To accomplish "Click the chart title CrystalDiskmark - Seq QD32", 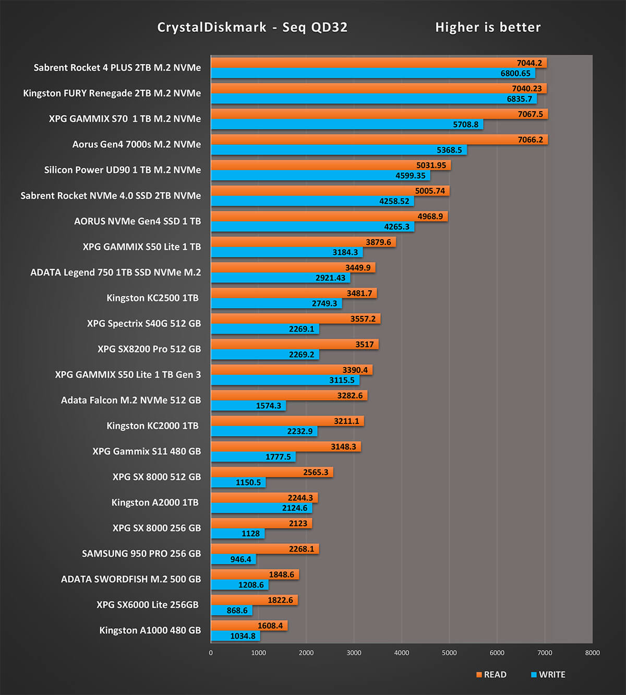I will [x=252, y=27].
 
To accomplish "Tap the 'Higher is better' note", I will [x=488, y=27].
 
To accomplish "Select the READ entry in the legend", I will [x=491, y=675].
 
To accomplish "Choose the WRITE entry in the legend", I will [x=548, y=675].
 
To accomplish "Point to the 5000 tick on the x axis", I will [x=449, y=653].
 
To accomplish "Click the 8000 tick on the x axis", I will [x=592, y=653].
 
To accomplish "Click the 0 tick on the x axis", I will [x=211, y=653].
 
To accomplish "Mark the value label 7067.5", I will [x=530, y=114].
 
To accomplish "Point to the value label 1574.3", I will [x=268, y=406].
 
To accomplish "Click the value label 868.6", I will [x=237, y=610].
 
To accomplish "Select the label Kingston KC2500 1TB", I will [x=152, y=298].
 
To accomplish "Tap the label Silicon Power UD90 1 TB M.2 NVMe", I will [x=122, y=170].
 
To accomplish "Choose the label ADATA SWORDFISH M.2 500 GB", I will [x=130, y=579].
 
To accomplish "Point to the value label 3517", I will [x=364, y=344].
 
